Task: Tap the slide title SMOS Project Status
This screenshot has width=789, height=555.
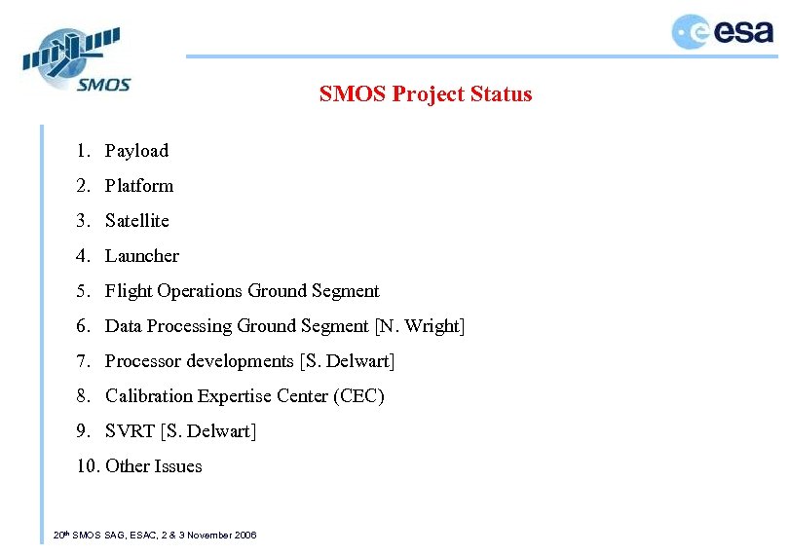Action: pos(426,94)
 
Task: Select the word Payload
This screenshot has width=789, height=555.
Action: pos(136,151)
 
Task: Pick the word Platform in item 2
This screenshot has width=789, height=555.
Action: pos(139,186)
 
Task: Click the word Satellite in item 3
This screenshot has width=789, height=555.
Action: pos(137,221)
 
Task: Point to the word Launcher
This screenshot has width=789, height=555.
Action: pos(142,256)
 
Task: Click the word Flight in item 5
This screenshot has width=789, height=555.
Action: pos(125,291)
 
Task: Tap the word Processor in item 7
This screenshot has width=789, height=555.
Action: pos(143,361)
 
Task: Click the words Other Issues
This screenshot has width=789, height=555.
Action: pos(154,466)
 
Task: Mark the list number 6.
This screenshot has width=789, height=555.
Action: pos(83,326)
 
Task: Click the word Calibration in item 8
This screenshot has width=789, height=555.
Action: pos(149,396)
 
